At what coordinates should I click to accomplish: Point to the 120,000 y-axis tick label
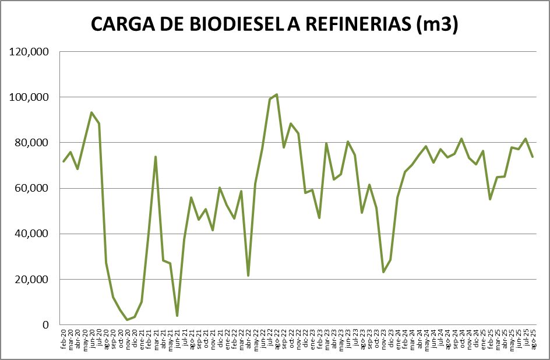click(29, 52)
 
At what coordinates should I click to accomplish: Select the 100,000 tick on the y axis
click(29, 97)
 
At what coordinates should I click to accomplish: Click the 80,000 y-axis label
click(31, 143)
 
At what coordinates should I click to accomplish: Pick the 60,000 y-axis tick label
click(31, 188)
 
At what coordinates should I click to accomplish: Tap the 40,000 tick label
click(31, 234)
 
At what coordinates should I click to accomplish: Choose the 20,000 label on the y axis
click(31, 279)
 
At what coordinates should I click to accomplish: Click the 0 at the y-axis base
click(45, 324)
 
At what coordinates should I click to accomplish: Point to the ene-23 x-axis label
click(312, 337)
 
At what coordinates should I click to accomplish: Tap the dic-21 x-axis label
click(220, 337)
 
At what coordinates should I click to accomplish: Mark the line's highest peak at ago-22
click(276, 94)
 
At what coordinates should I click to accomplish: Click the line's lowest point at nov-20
click(127, 320)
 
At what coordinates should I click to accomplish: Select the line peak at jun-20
click(91, 112)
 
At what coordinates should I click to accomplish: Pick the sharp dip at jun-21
click(177, 316)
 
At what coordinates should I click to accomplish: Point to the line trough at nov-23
click(383, 272)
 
